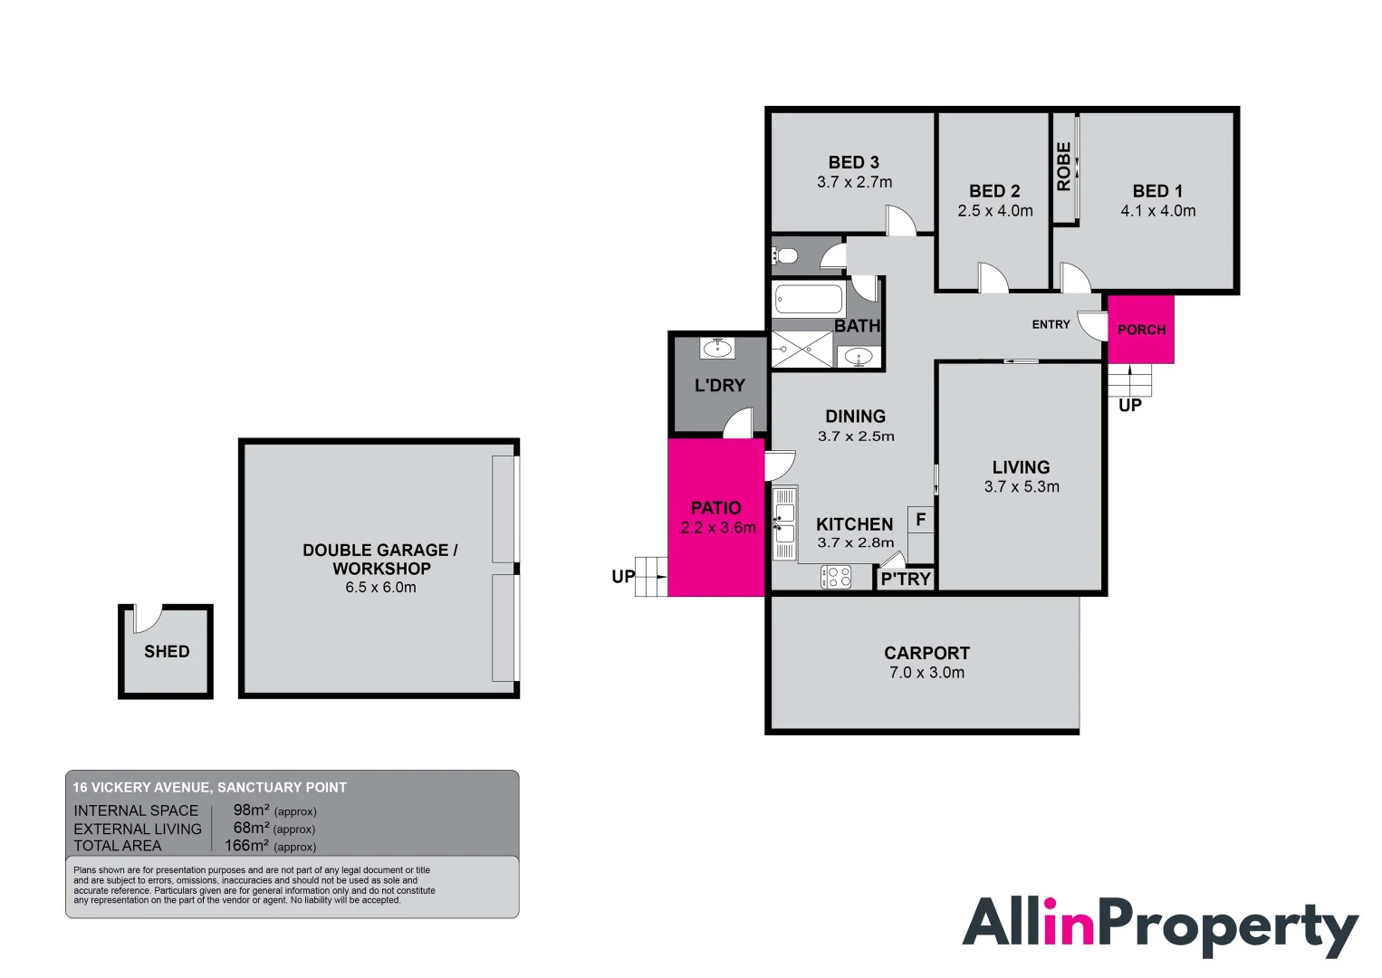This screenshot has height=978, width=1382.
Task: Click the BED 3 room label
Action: (x=853, y=162)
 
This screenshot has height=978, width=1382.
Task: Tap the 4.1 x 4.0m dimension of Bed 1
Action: (x=1157, y=211)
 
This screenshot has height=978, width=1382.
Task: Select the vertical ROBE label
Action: (x=1064, y=167)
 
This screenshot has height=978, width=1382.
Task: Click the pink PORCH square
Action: (x=1140, y=330)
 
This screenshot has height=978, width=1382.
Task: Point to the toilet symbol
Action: (x=786, y=256)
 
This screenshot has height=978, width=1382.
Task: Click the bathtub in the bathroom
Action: (x=809, y=299)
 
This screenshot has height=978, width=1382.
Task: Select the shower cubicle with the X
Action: (x=801, y=350)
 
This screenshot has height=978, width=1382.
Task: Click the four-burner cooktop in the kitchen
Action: (x=836, y=577)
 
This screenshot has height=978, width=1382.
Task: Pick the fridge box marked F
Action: (x=920, y=520)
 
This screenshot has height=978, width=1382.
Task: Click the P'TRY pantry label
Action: (x=906, y=579)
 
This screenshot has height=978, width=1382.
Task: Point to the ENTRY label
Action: (x=1051, y=324)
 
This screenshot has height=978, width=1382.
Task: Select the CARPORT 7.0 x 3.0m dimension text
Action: (x=926, y=673)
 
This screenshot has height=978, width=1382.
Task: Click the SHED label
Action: (x=167, y=651)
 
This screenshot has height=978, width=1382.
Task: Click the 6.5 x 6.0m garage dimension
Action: (x=380, y=588)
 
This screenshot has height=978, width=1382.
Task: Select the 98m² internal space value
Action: (x=251, y=810)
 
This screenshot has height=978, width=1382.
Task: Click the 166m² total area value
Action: (x=246, y=846)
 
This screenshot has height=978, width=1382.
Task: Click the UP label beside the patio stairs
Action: (x=623, y=576)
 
